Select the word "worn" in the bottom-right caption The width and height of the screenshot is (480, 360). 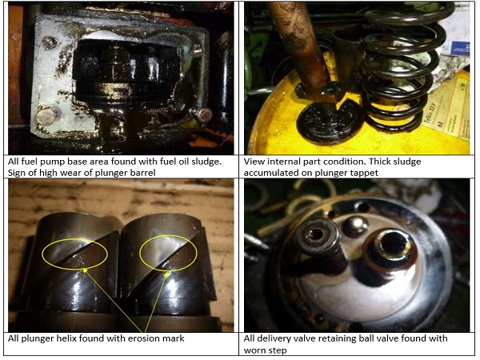[254, 350]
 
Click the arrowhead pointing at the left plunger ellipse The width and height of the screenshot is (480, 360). [85, 270]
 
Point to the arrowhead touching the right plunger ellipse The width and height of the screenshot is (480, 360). [166, 274]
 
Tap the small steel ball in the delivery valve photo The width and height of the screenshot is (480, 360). [355, 226]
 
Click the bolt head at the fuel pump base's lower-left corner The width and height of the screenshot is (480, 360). [47, 116]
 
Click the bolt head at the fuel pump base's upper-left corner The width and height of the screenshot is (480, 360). [50, 42]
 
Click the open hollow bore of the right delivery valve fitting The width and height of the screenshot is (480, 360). [390, 244]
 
